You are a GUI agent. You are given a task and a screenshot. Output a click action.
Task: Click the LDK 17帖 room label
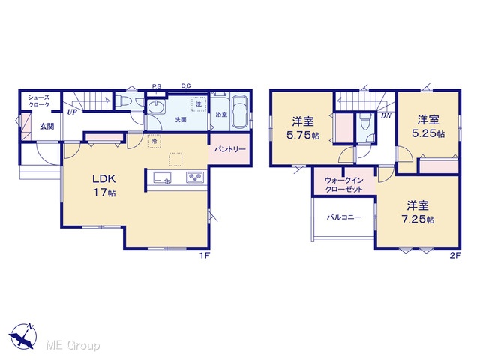[x=104, y=185]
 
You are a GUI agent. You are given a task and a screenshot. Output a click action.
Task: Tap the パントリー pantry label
[x=229, y=149]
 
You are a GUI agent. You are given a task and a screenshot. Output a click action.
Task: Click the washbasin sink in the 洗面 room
[x=157, y=107]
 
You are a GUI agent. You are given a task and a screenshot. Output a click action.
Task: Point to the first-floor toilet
[x=127, y=100]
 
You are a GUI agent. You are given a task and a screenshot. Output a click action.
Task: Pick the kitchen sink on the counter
[x=162, y=178]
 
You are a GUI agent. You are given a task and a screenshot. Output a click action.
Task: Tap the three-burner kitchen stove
[x=195, y=178]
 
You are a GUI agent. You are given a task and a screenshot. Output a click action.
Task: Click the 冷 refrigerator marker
[x=154, y=142]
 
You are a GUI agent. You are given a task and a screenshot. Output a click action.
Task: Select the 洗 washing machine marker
[x=198, y=103]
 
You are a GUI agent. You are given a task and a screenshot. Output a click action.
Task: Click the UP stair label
[x=72, y=112]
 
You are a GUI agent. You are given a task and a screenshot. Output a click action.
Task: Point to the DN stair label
[x=386, y=115]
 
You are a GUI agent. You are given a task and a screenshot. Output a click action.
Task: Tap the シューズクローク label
[x=39, y=101]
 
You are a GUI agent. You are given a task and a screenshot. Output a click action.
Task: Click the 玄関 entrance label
[x=46, y=126]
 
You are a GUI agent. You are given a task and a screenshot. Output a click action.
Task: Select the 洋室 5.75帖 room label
[x=303, y=128]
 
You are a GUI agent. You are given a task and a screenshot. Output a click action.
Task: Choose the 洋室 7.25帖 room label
[x=418, y=212]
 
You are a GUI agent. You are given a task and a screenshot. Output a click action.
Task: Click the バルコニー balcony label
[x=344, y=217]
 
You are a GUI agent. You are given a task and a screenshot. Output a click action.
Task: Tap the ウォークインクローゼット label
[x=343, y=185]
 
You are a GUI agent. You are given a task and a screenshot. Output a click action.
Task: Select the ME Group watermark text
[x=73, y=345]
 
